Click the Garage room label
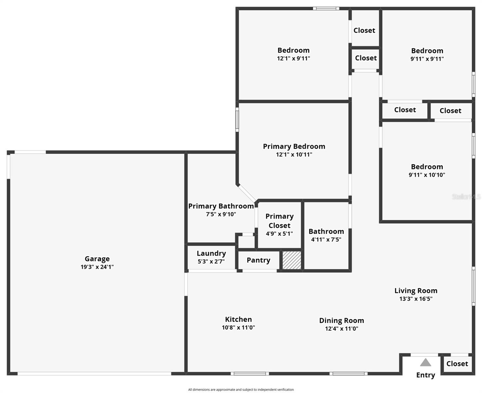97,259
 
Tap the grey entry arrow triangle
425,362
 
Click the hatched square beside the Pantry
292,260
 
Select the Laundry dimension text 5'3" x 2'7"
211,261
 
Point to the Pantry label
258,260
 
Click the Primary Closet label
279,221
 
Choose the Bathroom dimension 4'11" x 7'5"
326,239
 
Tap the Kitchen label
238,319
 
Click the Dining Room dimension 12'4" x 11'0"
342,328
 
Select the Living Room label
416,290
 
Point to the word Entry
425,375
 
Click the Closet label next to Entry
457,364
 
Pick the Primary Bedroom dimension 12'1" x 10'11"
294,155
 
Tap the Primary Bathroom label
221,206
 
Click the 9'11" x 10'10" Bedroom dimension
427,175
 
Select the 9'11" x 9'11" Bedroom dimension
427,59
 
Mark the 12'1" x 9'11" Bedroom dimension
293,59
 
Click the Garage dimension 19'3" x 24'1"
97,267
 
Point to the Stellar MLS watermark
466,196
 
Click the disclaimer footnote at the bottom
241,390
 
